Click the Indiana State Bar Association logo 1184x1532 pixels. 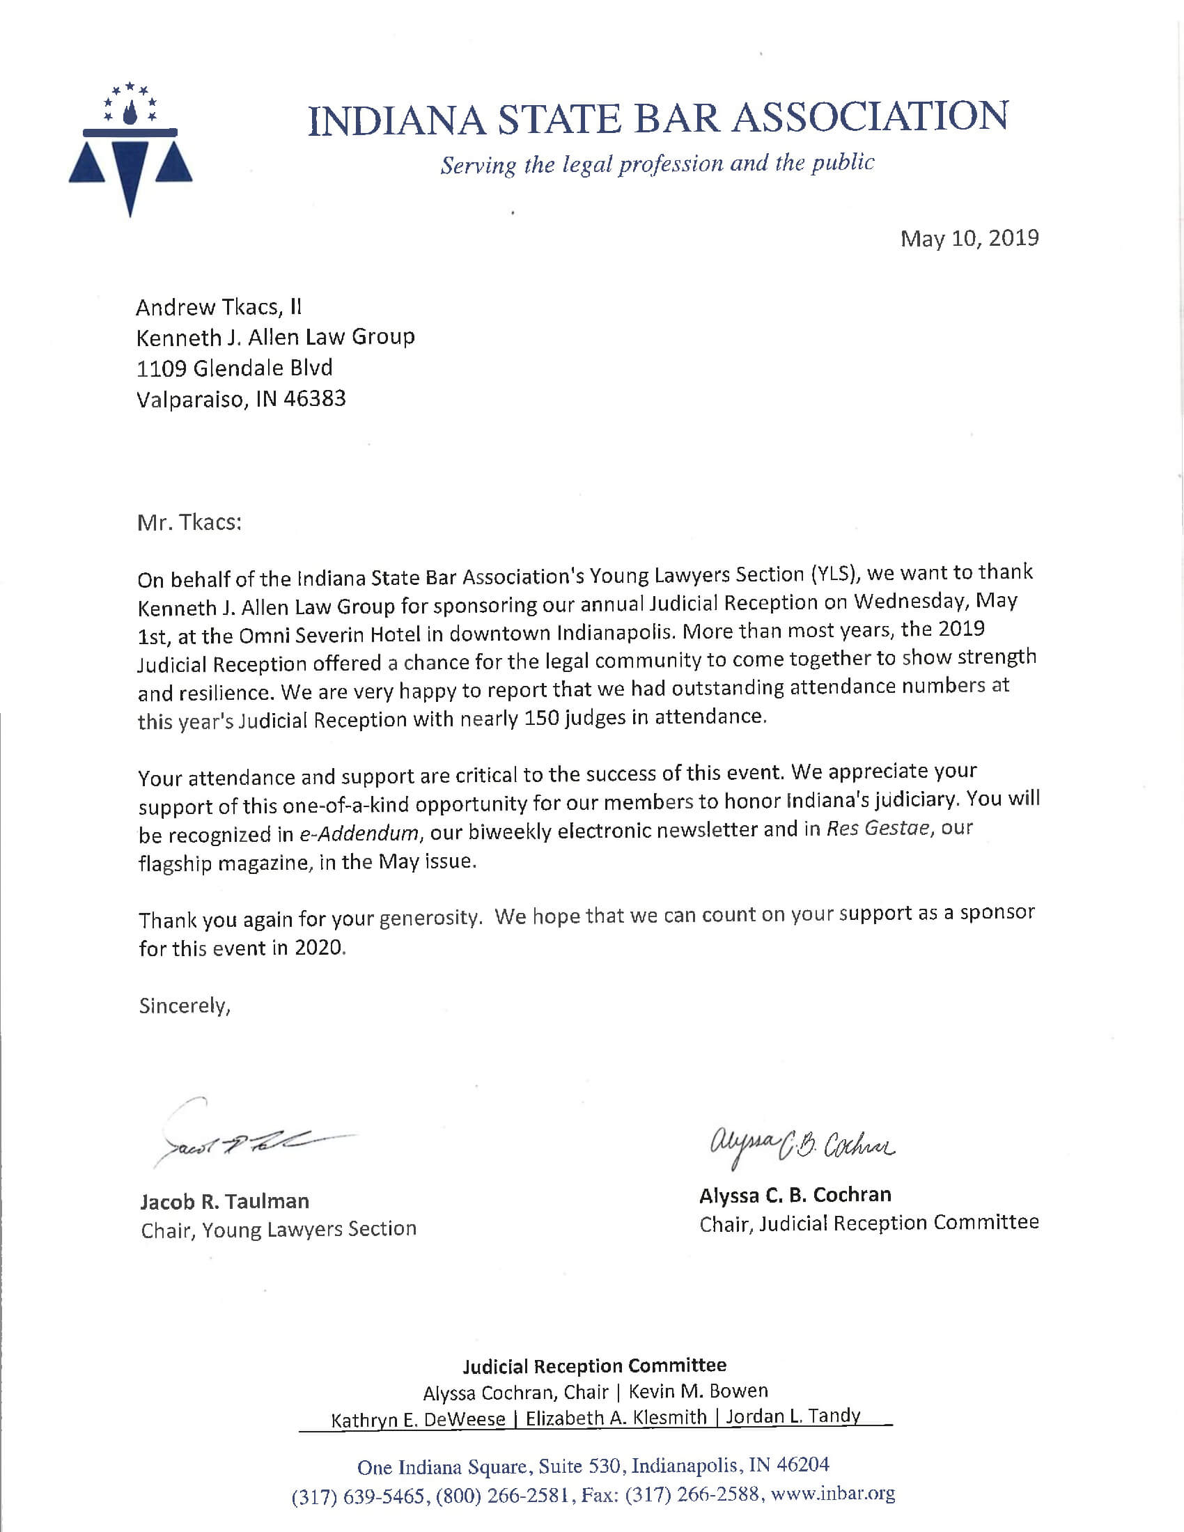coord(130,149)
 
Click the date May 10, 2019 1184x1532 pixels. coord(969,238)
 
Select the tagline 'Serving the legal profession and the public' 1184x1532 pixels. coord(657,164)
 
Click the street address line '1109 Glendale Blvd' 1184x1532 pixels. coord(234,368)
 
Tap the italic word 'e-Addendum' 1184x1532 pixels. coord(360,834)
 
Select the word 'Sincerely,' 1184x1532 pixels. coord(185,1006)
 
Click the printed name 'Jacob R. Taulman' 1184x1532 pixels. coord(224,1201)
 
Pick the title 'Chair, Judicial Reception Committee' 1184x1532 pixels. coord(868,1223)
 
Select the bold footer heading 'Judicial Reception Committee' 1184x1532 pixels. coord(594,1366)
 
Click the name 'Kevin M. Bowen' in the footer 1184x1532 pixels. coord(698,1391)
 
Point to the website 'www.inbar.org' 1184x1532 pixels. coord(832,1494)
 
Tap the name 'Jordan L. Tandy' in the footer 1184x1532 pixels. coord(793,1416)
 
